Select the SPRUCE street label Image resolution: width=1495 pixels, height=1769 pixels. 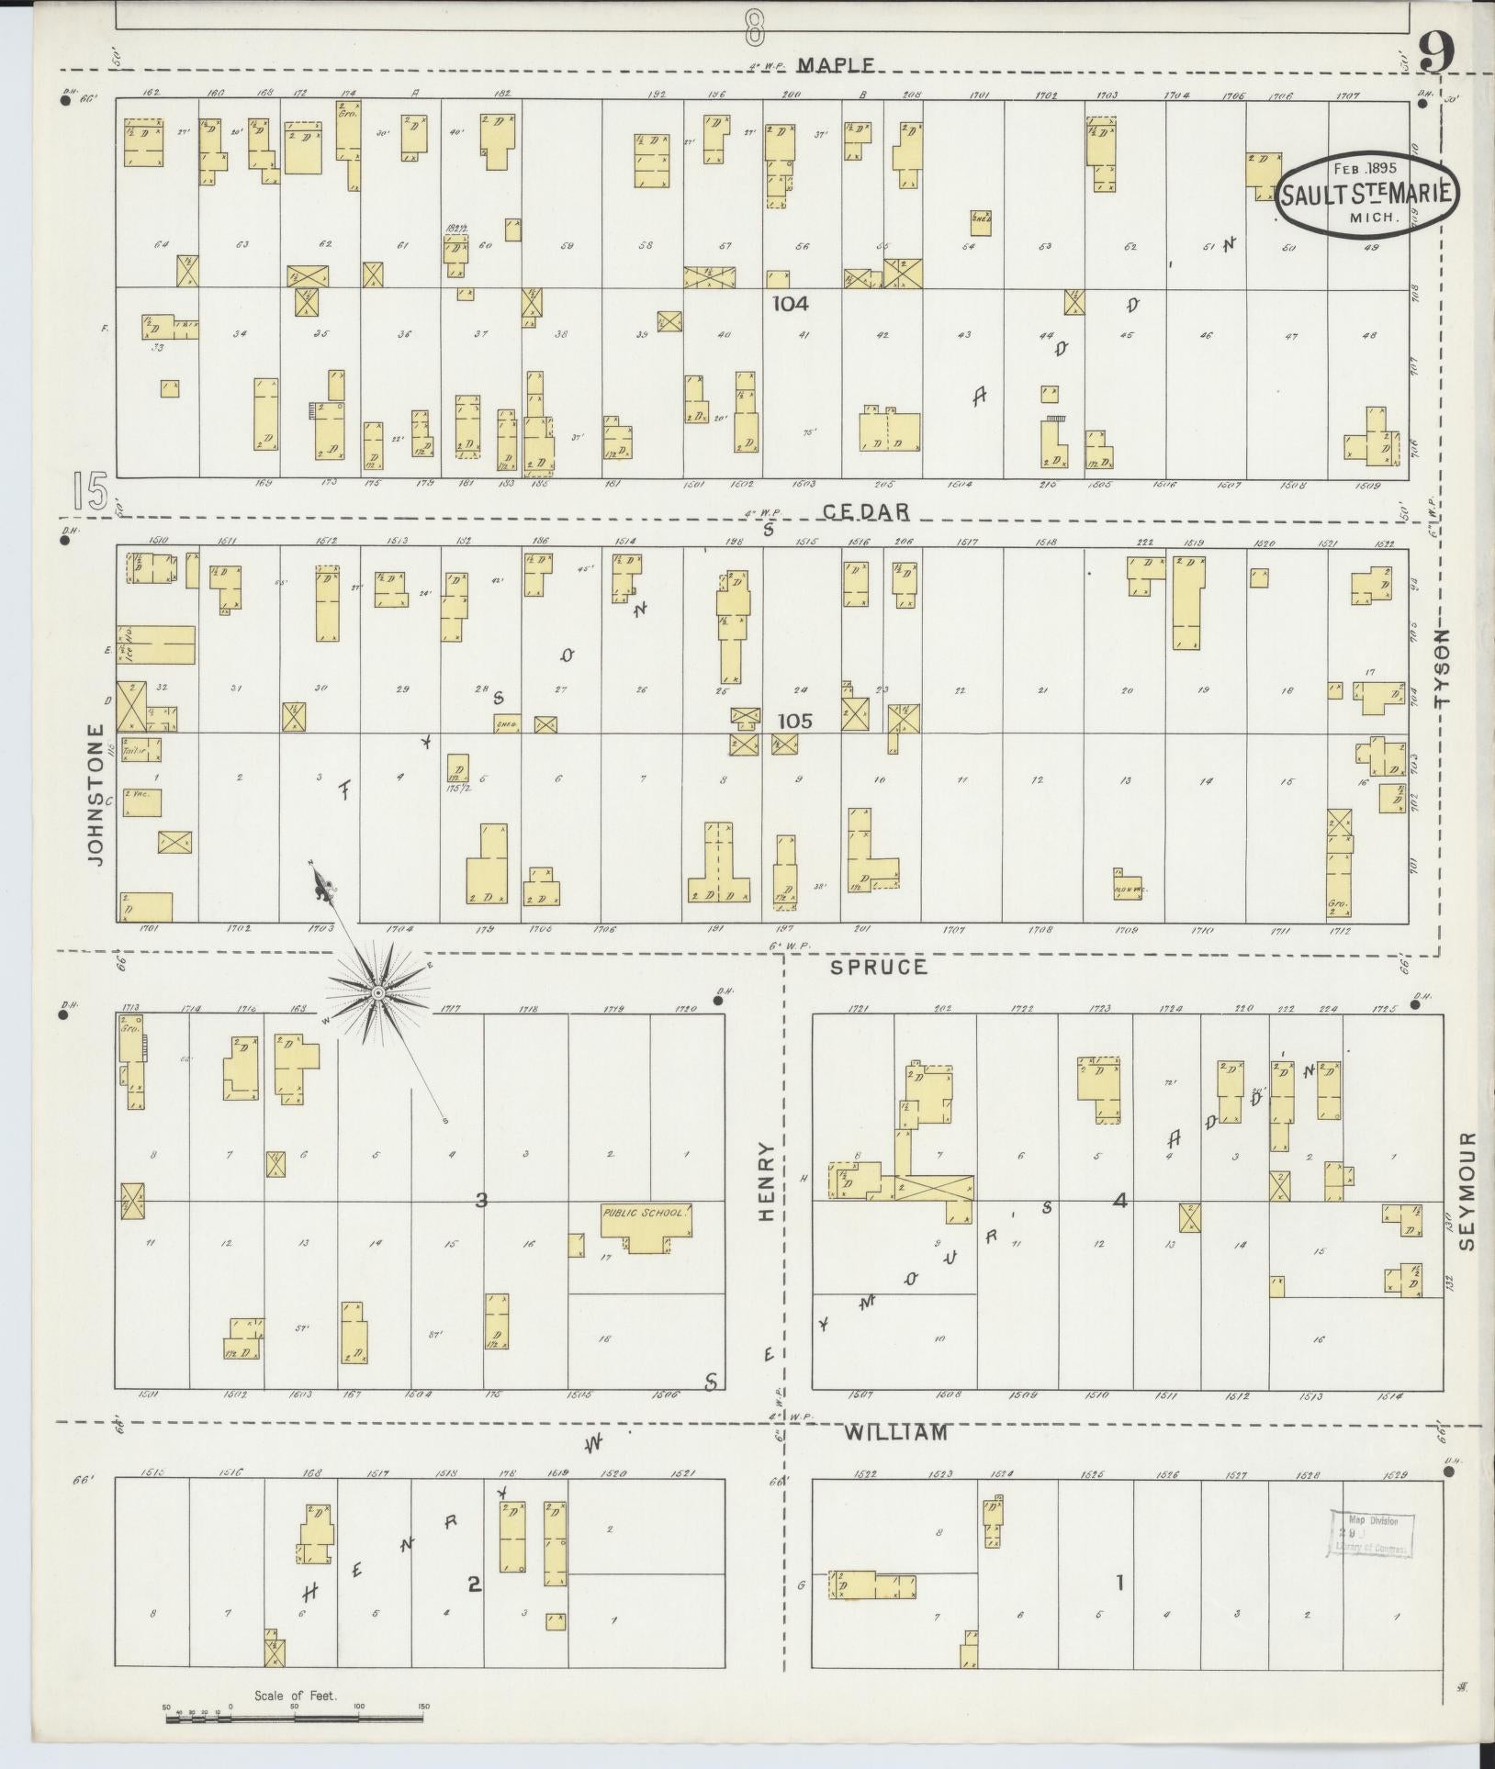879,967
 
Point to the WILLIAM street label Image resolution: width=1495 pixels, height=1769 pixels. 895,1432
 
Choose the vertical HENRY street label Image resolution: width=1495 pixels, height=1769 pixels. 768,1181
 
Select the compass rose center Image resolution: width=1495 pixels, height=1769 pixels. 377,993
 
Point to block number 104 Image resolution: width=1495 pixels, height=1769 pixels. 790,303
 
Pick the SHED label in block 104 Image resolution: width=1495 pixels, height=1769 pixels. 981,219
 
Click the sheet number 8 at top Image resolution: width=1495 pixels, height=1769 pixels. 755,26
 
